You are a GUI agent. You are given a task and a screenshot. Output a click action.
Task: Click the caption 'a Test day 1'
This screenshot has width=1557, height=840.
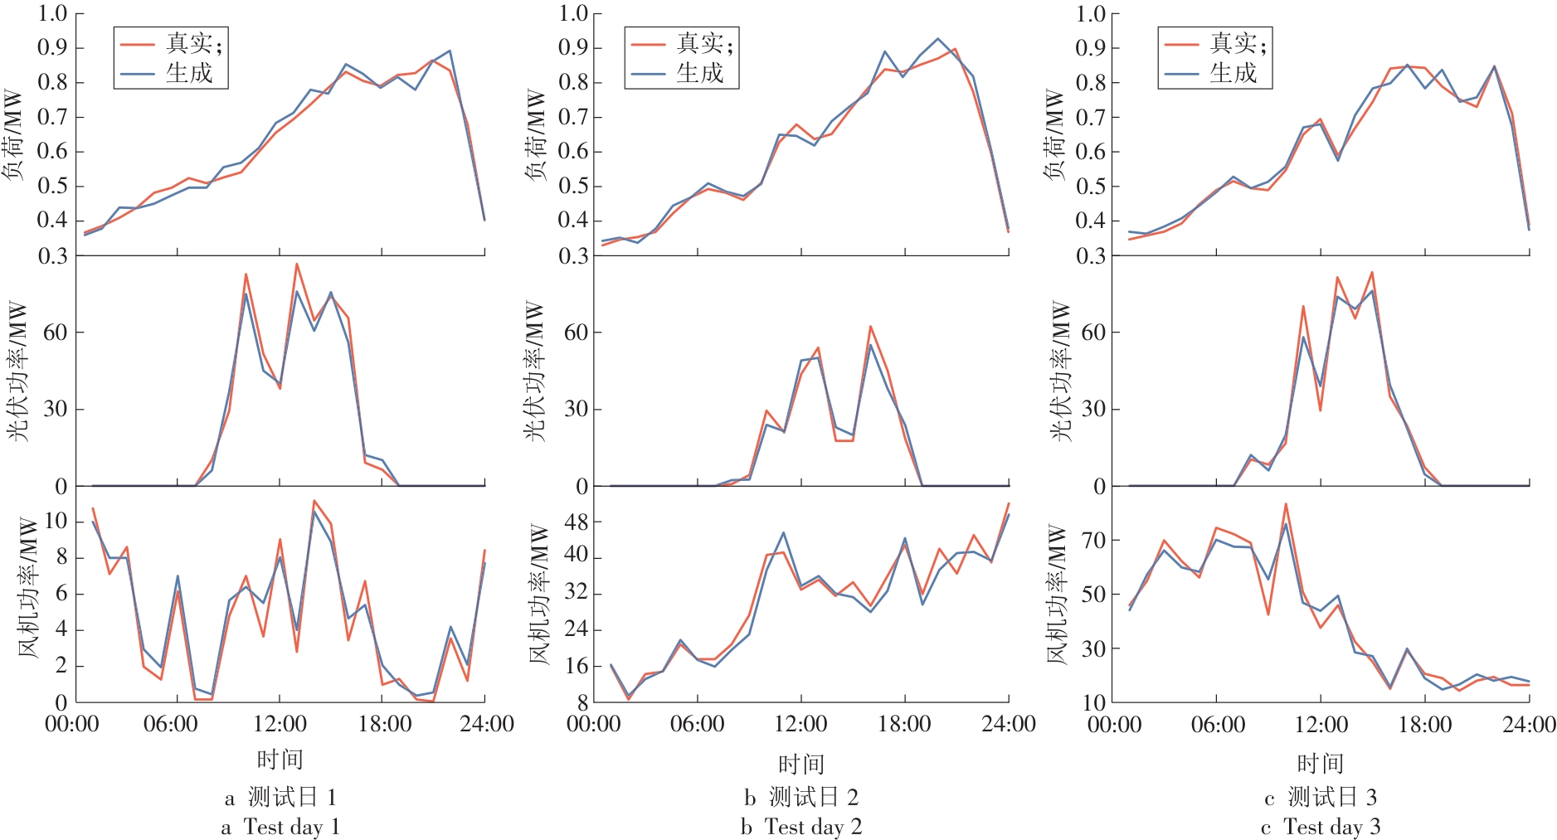click(280, 827)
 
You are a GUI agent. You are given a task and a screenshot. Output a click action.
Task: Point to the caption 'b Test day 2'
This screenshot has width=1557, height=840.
click(801, 827)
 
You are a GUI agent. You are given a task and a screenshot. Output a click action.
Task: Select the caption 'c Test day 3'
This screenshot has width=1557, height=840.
click(1321, 827)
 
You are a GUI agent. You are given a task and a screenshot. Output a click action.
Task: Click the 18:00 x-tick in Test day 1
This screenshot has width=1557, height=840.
click(385, 725)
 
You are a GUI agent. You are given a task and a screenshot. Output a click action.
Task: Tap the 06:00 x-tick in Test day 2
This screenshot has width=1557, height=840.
click(698, 725)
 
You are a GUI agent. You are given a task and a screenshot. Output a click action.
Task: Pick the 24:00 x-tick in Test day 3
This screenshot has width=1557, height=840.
click(1529, 725)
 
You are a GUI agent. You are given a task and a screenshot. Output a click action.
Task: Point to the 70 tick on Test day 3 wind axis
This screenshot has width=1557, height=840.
click(1094, 540)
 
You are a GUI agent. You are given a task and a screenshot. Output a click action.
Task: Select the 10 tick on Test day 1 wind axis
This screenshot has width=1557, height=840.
click(56, 521)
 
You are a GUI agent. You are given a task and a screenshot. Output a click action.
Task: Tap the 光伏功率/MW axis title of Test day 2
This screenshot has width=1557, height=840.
click(535, 371)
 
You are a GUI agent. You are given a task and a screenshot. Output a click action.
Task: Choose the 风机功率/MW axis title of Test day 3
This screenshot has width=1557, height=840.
click(1056, 593)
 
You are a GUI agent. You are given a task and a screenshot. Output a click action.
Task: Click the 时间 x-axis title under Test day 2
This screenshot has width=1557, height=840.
click(801, 764)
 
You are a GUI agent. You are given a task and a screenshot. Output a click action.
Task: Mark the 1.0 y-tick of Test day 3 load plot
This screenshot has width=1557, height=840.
click(1090, 13)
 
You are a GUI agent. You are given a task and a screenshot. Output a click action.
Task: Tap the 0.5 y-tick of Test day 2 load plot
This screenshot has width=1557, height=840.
click(573, 186)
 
